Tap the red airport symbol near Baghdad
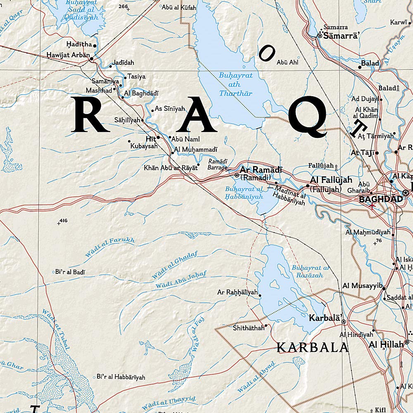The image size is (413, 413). pyautogui.click(x=373, y=205)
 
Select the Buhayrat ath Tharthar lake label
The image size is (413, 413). pyautogui.click(x=235, y=84)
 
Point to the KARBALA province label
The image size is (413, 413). pyautogui.click(x=313, y=347)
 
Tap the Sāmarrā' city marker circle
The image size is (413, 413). pyautogui.click(x=320, y=36)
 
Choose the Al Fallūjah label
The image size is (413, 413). pyautogui.click(x=331, y=180)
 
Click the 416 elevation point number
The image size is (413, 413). pyautogui.click(x=63, y=221)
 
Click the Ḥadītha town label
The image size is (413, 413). pyautogui.click(x=79, y=44)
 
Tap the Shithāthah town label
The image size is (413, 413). pyautogui.click(x=248, y=328)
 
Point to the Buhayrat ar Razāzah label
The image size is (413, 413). pyautogui.click(x=311, y=271)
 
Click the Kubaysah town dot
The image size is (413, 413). pyautogui.click(x=129, y=141)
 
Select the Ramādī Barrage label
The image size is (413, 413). pyautogui.click(x=218, y=164)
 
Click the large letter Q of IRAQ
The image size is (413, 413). pyautogui.click(x=308, y=116)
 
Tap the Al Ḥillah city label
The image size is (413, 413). pyautogui.click(x=386, y=344)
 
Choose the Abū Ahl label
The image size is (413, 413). pyautogui.click(x=288, y=62)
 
